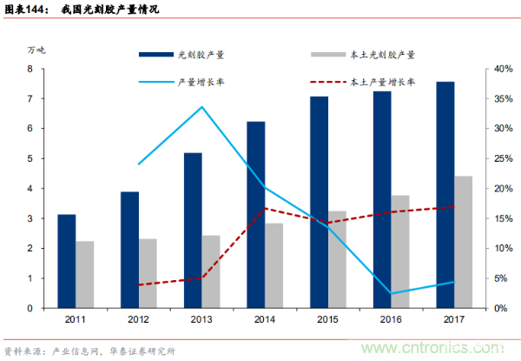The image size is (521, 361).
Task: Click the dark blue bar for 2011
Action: [x=66, y=261]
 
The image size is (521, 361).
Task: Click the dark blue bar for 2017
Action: [x=445, y=195]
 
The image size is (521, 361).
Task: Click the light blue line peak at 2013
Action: [x=201, y=107]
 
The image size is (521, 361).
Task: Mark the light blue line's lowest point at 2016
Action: [x=391, y=293]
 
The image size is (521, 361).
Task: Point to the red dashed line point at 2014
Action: [x=265, y=209]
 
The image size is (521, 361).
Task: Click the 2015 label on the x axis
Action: [x=328, y=320]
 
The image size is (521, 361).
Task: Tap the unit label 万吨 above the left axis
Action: [x=35, y=49]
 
